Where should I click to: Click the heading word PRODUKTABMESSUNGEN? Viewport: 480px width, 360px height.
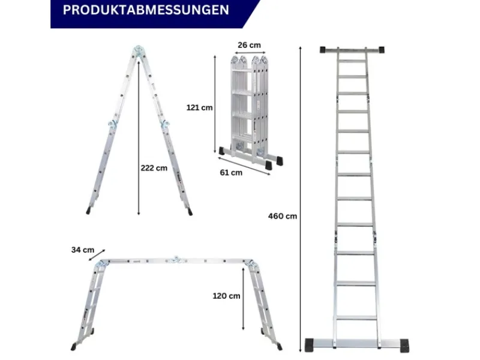coord(146,10)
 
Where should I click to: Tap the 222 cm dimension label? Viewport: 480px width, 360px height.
coord(154,168)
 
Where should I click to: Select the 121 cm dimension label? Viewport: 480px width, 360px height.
coord(200,107)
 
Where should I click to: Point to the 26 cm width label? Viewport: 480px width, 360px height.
coord(249,45)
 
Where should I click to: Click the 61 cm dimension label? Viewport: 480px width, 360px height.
coord(231,173)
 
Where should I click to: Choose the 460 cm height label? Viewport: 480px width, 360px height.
coord(283,216)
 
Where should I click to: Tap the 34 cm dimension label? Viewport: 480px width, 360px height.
coord(83,250)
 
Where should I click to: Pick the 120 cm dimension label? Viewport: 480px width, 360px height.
coord(227,296)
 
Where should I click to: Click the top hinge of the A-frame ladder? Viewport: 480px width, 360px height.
coord(139,50)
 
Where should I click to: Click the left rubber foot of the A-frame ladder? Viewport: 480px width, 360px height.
coord(88,211)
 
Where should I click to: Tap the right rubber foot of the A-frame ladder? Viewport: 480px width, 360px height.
coord(190,212)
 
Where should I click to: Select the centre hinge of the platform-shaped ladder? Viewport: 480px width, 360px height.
coord(175,260)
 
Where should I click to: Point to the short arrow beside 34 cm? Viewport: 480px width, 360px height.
coord(97,255)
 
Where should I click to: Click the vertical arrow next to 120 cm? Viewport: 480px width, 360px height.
coord(244,299)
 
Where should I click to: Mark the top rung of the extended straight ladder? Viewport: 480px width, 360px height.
coord(352,61)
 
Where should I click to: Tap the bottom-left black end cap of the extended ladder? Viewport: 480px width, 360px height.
coord(309,346)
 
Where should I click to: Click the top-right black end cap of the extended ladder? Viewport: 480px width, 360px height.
coord(382,50)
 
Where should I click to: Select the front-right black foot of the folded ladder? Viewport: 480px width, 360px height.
coord(268,165)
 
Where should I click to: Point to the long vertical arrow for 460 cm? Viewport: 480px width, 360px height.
coord(301,199)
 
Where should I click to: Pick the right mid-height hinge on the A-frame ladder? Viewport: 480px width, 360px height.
coord(165,124)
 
